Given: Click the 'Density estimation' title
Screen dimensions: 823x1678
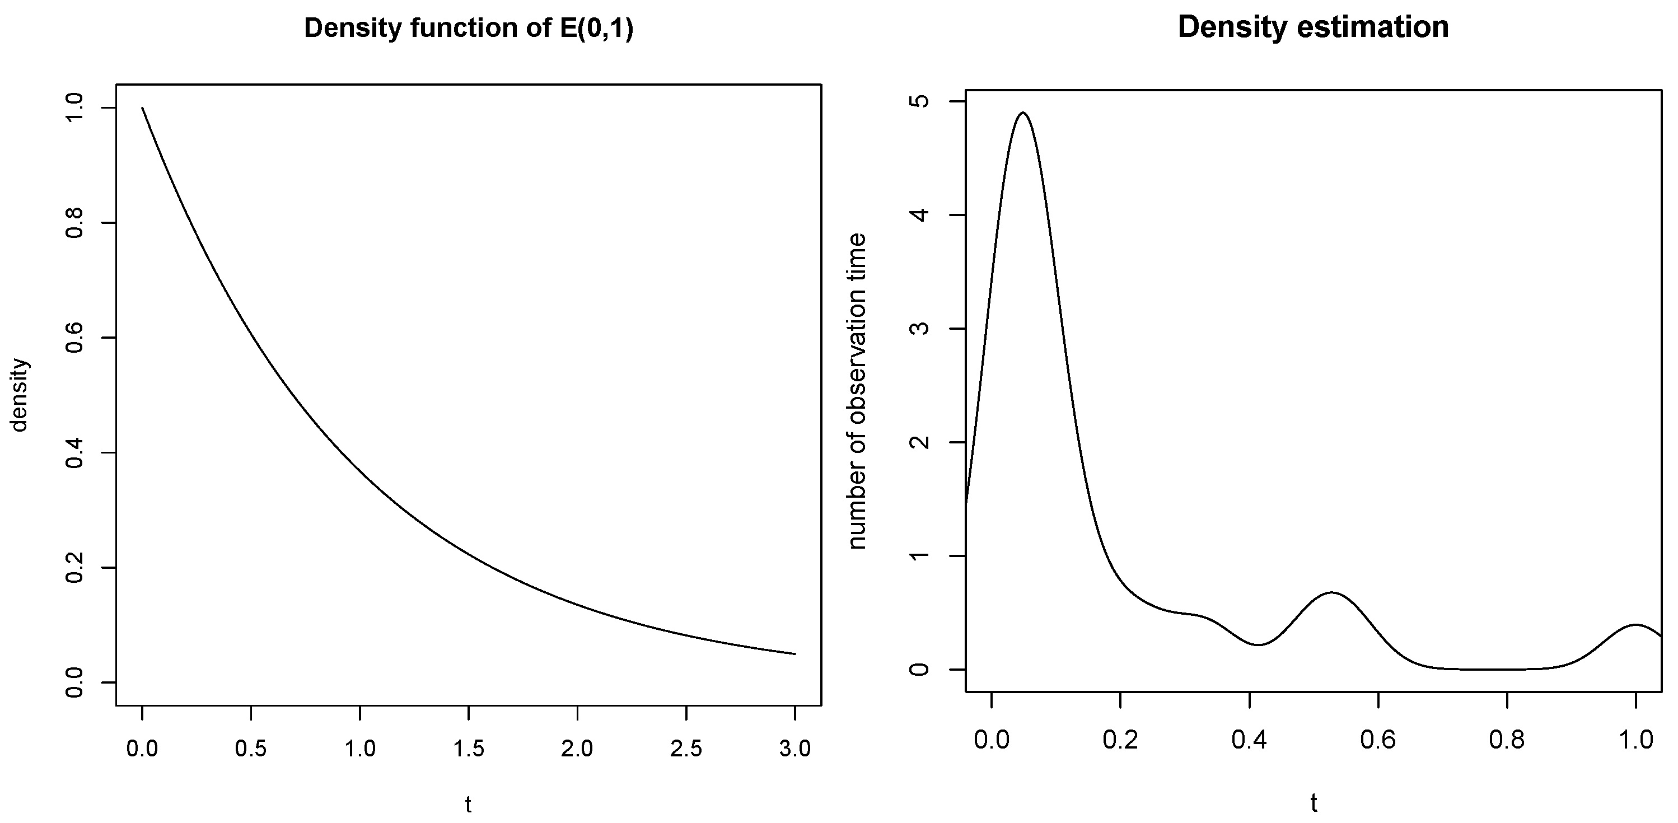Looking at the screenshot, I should (x=1312, y=28).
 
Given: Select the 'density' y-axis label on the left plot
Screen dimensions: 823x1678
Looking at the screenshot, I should (x=20, y=395).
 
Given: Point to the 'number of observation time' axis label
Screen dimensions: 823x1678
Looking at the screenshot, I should (x=858, y=391).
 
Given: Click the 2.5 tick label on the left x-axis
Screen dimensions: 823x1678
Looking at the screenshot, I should (x=686, y=749).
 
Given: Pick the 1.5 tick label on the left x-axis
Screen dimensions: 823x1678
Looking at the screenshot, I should (x=469, y=749).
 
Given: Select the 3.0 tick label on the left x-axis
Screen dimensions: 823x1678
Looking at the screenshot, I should (x=794, y=749).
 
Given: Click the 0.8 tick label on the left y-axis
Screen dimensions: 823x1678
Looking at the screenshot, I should (x=76, y=223).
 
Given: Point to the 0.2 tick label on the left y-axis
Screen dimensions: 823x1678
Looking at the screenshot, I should (x=76, y=568).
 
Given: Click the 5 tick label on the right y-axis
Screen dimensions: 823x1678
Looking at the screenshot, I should (x=920, y=101).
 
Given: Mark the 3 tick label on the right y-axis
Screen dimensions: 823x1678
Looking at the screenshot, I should (x=920, y=329).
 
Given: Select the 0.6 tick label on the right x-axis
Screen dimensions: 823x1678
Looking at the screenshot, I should (x=1378, y=740).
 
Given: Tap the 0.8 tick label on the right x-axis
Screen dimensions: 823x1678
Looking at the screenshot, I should (x=1507, y=740).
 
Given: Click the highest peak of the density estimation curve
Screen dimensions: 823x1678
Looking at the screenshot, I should (x=1023, y=113).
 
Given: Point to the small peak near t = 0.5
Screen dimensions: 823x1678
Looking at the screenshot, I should (x=1331, y=592).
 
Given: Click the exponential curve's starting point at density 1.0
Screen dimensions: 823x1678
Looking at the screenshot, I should (x=143, y=108).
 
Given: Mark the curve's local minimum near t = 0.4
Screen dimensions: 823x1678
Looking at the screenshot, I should (x=1259, y=644).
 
